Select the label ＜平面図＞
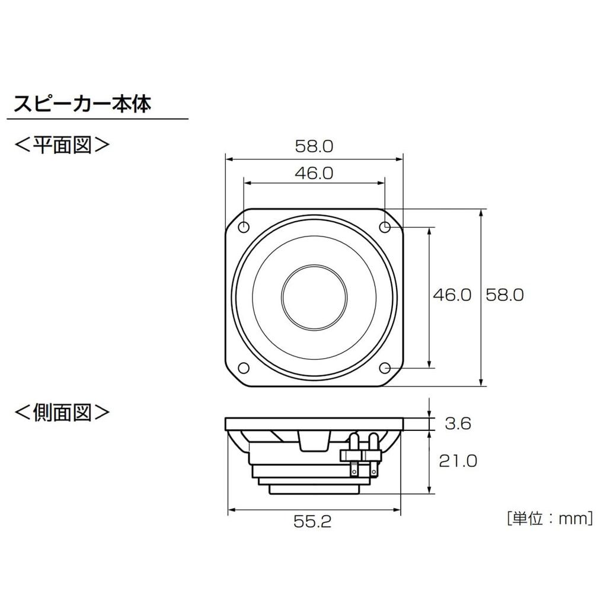(x=62, y=144)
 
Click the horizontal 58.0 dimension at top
(x=314, y=146)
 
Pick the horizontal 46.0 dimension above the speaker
(x=314, y=173)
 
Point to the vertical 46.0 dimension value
(x=452, y=295)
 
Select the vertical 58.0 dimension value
(x=504, y=295)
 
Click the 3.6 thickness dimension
(x=457, y=423)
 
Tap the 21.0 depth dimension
(x=457, y=461)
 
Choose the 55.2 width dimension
(x=314, y=522)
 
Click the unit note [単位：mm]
(x=550, y=519)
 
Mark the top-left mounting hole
(x=244, y=226)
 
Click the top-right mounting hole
(x=385, y=226)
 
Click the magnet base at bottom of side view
(x=314, y=490)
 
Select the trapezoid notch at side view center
(x=314, y=442)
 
